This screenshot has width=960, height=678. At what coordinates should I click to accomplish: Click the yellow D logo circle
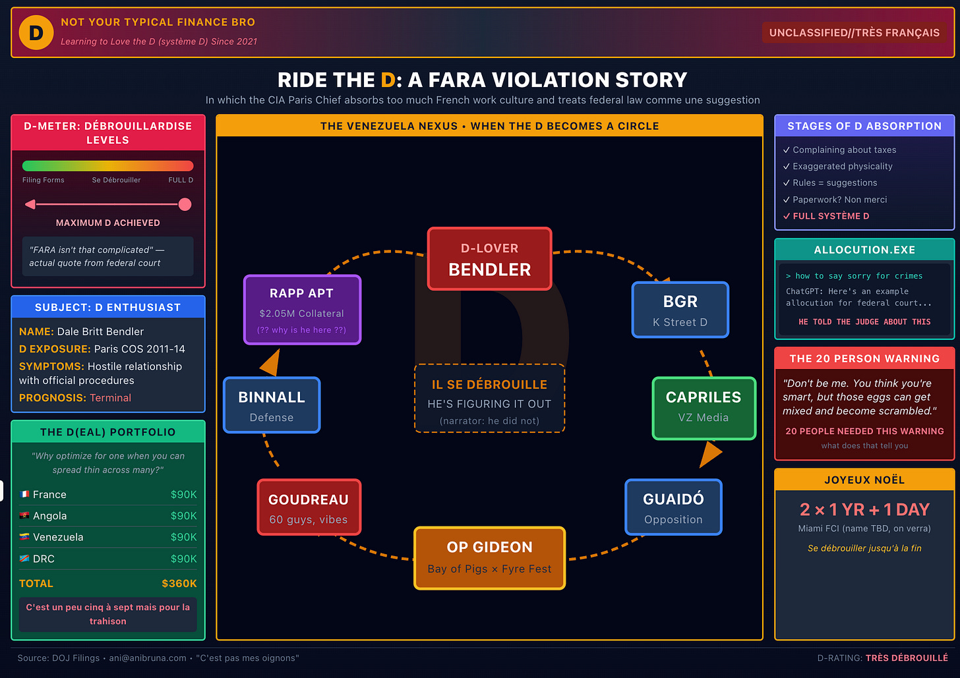pyautogui.click(x=36, y=32)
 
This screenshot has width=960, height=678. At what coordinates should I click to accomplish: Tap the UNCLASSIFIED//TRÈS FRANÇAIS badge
pyautogui.click(x=854, y=33)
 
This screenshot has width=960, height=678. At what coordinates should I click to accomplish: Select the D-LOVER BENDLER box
pyautogui.click(x=489, y=259)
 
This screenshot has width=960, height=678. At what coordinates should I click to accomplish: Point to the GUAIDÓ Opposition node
pyautogui.click(x=673, y=507)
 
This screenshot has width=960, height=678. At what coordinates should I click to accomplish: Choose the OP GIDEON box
pyautogui.click(x=489, y=557)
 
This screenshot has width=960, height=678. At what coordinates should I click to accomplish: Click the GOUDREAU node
pyautogui.click(x=309, y=507)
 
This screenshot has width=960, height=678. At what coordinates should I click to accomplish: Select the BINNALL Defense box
pyautogui.click(x=272, y=405)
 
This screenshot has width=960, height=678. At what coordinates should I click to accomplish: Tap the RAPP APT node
pyautogui.click(x=302, y=310)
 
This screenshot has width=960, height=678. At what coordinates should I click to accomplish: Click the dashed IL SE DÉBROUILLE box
pyautogui.click(x=489, y=399)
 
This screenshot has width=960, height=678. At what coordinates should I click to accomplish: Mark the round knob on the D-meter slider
pyautogui.click(x=185, y=204)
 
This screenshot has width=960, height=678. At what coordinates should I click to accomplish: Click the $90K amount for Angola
pyautogui.click(x=183, y=516)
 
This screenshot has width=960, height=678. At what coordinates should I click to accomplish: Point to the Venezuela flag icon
pyautogui.click(x=24, y=537)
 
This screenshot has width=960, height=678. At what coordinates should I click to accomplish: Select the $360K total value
pyautogui.click(x=179, y=584)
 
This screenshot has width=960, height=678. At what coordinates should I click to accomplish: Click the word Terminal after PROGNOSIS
pyautogui.click(x=110, y=398)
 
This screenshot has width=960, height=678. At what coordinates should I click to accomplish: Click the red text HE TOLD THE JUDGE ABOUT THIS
pyautogui.click(x=864, y=322)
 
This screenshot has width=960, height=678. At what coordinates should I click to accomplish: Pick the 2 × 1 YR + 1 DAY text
pyautogui.click(x=864, y=509)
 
